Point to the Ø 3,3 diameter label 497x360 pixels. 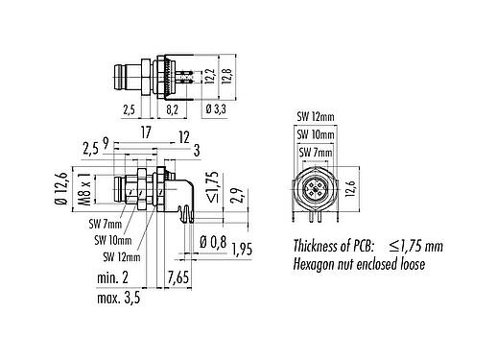point(216,110)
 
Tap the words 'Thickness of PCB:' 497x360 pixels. point(333,245)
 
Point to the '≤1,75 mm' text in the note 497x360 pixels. point(418,245)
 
